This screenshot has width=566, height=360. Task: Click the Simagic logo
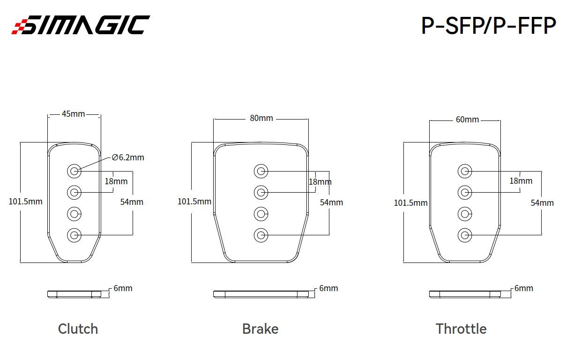click(81, 24)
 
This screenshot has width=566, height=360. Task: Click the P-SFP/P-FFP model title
click(489, 25)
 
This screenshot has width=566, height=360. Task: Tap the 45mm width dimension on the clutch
click(73, 114)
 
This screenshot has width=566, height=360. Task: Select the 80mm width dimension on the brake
click(261, 118)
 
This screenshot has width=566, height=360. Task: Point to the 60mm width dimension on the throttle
click(467, 120)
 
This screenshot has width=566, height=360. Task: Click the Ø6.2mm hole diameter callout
click(128, 157)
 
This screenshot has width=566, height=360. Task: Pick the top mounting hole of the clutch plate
click(74, 171)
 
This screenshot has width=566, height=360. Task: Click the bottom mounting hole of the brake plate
click(261, 235)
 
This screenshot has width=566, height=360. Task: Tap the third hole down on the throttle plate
click(465, 214)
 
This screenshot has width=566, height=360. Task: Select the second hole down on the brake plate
click(261, 193)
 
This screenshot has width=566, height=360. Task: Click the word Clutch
click(78, 329)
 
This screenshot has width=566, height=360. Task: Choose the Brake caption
click(260, 329)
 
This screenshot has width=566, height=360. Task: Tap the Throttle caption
click(461, 329)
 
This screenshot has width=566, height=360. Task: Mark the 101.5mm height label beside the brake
click(194, 202)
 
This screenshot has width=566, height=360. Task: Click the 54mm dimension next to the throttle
click(542, 203)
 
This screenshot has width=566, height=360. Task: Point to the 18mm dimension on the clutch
click(116, 181)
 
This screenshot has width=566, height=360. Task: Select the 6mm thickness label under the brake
click(328, 288)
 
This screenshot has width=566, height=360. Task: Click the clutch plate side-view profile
click(74, 294)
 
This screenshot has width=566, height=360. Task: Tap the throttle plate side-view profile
click(465, 294)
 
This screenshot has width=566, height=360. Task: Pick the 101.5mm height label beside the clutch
click(25, 202)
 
